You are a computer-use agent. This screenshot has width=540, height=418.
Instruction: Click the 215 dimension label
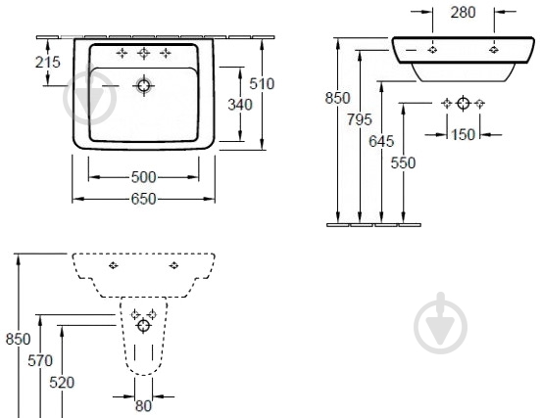(x=47, y=62)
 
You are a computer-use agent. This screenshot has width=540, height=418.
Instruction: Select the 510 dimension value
(x=262, y=83)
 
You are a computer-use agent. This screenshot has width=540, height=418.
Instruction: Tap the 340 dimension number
(x=240, y=105)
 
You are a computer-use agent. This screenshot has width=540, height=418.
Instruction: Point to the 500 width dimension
(x=144, y=177)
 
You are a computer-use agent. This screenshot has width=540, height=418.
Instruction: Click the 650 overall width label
(x=144, y=199)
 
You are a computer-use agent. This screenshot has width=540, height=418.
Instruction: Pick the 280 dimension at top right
(x=464, y=13)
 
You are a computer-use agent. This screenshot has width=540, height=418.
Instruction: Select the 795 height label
(x=360, y=119)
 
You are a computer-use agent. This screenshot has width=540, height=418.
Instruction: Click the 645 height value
(x=381, y=141)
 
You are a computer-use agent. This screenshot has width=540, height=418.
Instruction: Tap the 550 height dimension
(x=403, y=163)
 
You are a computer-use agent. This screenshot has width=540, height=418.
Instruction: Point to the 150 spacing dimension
(x=463, y=134)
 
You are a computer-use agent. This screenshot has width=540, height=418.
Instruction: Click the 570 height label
(x=40, y=360)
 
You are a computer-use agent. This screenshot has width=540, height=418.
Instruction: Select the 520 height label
(x=62, y=382)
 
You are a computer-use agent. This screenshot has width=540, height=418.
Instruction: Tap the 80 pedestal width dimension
(x=143, y=406)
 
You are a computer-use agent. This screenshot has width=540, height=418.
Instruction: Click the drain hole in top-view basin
(x=144, y=85)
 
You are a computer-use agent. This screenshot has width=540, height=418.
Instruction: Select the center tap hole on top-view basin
(x=144, y=53)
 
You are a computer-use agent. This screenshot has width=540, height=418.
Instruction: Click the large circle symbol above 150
(x=464, y=103)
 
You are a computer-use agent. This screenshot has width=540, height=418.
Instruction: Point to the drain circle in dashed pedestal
(x=144, y=325)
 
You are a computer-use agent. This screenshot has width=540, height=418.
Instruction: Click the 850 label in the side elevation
(x=337, y=98)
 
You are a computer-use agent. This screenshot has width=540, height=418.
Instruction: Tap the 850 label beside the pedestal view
(x=19, y=339)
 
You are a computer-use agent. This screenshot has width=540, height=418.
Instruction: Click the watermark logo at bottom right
(x=440, y=323)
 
